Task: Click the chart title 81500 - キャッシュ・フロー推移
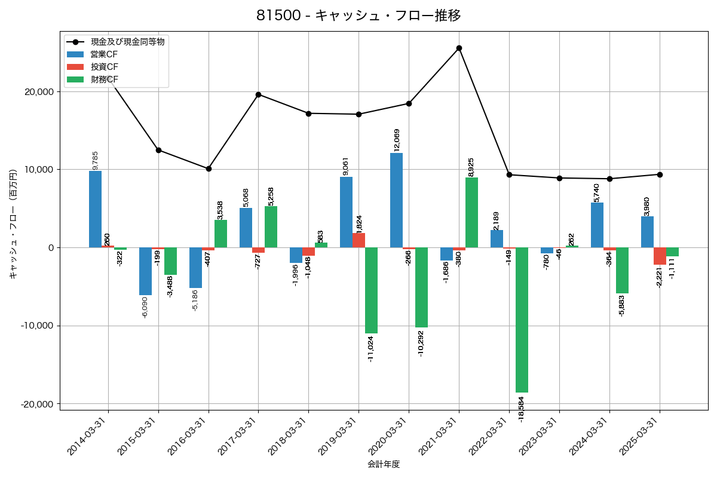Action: pyautogui.click(x=358, y=16)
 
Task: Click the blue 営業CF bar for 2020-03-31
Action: pyautogui.click(x=396, y=200)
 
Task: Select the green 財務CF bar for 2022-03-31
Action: pyautogui.click(x=522, y=320)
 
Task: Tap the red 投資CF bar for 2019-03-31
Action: pyautogui.click(x=358, y=240)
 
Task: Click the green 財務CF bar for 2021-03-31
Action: pyautogui.click(x=471, y=213)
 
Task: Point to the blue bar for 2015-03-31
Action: pyautogui.click(x=145, y=271)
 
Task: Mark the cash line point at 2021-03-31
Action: pyautogui.click(x=459, y=48)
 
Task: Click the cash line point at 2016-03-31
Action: pyautogui.click(x=209, y=168)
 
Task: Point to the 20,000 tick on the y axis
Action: pyautogui.click(x=38, y=92)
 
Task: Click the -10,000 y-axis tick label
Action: pyautogui.click(x=36, y=326)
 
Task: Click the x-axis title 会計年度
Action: pyautogui.click(x=384, y=464)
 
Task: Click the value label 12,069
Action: pyautogui.click(x=396, y=139)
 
